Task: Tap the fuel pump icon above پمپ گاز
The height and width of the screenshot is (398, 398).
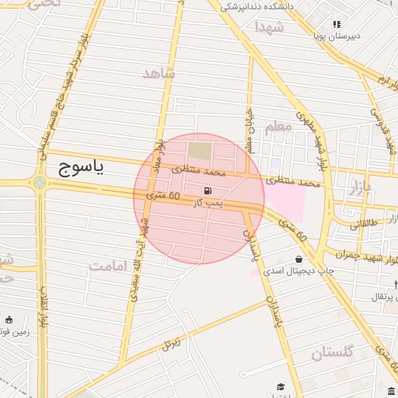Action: tap(208, 191)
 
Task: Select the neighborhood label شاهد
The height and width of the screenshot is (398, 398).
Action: tap(160, 73)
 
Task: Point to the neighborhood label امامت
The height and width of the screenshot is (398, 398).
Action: tap(107, 265)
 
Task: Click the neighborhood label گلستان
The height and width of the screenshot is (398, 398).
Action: tap(332, 352)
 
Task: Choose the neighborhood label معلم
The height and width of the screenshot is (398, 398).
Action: tap(278, 126)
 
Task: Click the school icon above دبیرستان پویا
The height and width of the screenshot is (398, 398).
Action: tap(337, 25)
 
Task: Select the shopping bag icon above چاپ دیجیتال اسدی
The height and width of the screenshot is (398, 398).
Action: tap(299, 260)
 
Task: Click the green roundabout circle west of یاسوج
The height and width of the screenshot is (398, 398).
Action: tap(39, 183)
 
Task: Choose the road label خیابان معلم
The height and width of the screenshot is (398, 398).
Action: tap(250, 130)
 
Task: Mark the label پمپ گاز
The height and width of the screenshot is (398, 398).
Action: tap(208, 204)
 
